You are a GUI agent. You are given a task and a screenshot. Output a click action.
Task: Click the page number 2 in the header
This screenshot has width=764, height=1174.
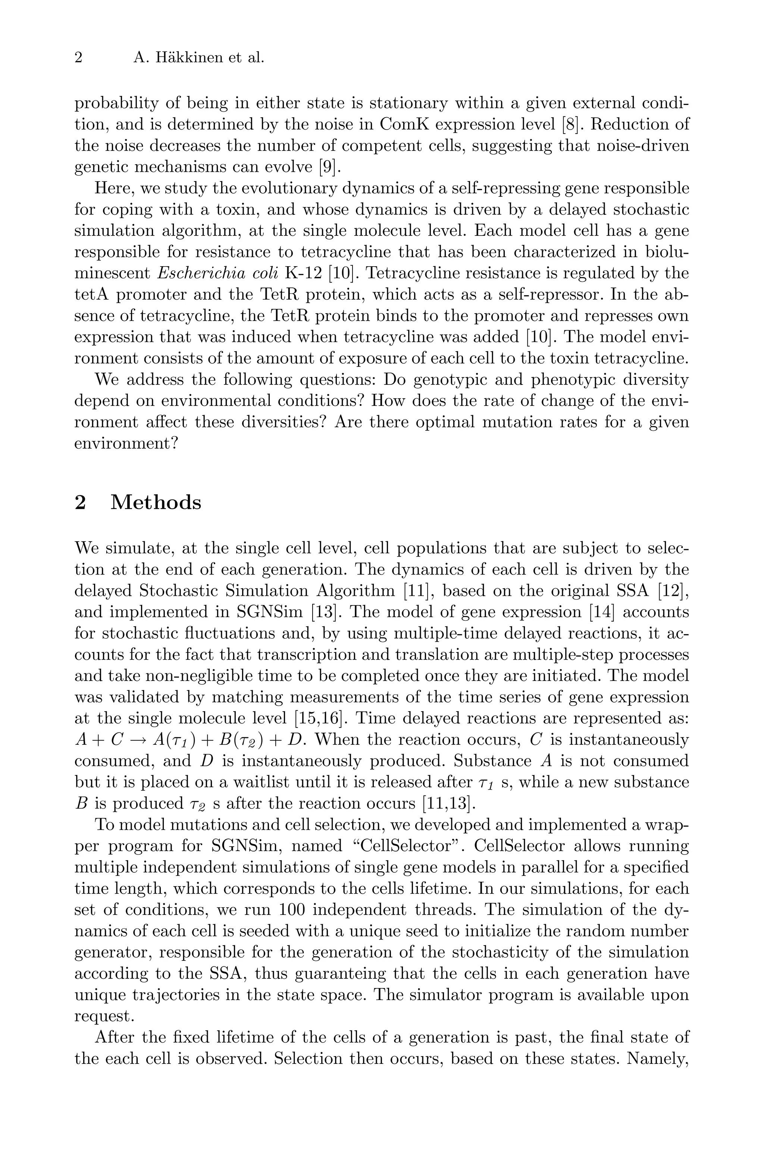(x=78, y=58)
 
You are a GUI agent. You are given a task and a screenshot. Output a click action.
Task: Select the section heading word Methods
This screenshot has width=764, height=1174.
(x=156, y=502)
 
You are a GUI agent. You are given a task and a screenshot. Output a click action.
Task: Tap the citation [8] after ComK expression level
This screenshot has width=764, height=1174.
(x=572, y=124)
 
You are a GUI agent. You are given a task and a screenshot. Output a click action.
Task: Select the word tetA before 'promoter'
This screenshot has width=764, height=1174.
(x=92, y=295)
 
